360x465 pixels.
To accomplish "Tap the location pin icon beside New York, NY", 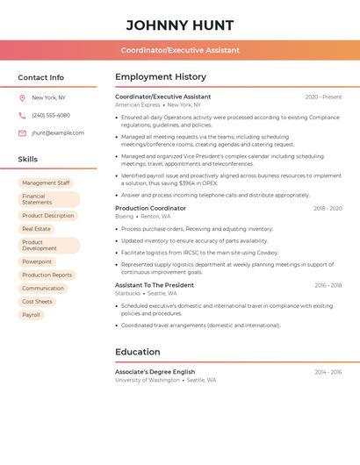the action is pyautogui.click(x=22, y=97).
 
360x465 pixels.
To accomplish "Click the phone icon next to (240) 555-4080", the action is pyautogui.click(x=22, y=115).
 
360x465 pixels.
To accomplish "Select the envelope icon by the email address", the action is pyautogui.click(x=22, y=133).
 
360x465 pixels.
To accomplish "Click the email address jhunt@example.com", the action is pyautogui.click(x=58, y=133).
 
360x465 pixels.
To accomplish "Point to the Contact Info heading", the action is pyautogui.click(x=41, y=77).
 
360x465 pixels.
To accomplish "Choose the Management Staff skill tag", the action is pyautogui.click(x=46, y=183).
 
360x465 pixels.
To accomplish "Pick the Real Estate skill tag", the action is pyautogui.click(x=37, y=229).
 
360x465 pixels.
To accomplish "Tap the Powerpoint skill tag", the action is pyautogui.click(x=37, y=261).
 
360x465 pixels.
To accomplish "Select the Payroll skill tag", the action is pyautogui.click(x=32, y=315).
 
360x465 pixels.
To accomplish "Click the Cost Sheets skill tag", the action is pyautogui.click(x=37, y=302).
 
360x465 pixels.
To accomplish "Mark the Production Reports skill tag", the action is pyautogui.click(x=47, y=275).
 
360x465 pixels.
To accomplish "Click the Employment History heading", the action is pyautogui.click(x=161, y=77).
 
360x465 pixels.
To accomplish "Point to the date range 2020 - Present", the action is pyautogui.click(x=323, y=97).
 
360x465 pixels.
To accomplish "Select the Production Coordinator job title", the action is pyautogui.click(x=150, y=209).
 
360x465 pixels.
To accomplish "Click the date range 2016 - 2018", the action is pyautogui.click(x=328, y=285).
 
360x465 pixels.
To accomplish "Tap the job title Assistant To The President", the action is pyautogui.click(x=155, y=285).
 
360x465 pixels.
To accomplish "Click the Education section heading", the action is pyautogui.click(x=138, y=352).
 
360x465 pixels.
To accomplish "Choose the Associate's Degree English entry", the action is pyautogui.click(x=155, y=372).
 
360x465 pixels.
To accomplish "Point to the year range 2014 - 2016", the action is pyautogui.click(x=328, y=372).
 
